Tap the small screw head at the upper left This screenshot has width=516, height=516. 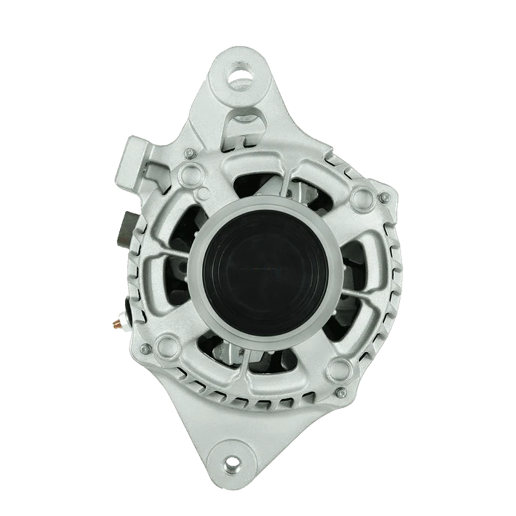188,154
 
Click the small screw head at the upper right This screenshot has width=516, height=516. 384,197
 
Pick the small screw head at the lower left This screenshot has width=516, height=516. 146,349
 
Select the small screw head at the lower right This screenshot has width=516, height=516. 342,392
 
